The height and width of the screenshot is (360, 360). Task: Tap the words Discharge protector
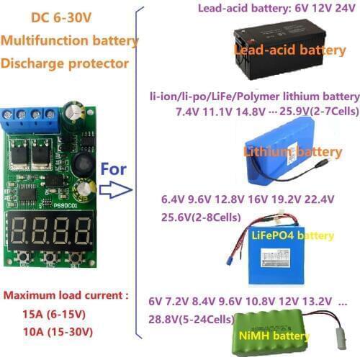coord(66,63)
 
